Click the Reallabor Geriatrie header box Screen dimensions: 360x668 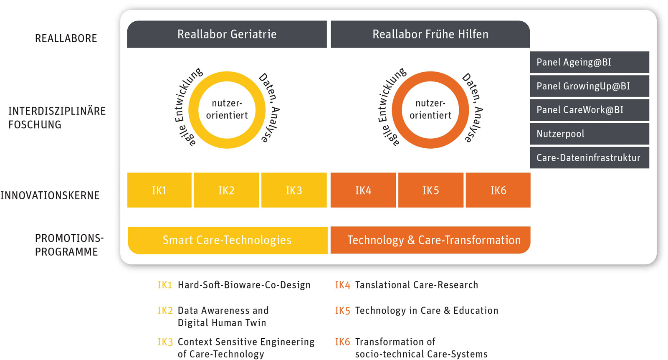(x=227, y=34)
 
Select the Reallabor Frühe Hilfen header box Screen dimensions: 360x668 (x=430, y=34)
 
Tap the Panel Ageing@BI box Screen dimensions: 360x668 (x=589, y=62)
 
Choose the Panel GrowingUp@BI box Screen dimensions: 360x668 (x=589, y=86)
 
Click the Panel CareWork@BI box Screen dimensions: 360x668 (x=589, y=110)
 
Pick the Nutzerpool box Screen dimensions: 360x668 (x=589, y=134)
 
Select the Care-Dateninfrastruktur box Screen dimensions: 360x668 (x=589, y=157)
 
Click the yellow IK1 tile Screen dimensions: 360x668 (x=159, y=190)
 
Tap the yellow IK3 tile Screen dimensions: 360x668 (x=294, y=190)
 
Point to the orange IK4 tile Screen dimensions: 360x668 (x=363, y=190)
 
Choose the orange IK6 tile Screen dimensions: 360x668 (x=498, y=190)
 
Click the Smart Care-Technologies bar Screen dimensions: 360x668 (x=227, y=240)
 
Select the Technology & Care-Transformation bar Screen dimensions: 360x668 (x=430, y=240)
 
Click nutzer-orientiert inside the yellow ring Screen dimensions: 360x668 (x=227, y=109)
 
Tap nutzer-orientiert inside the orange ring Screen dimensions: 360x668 (x=430, y=109)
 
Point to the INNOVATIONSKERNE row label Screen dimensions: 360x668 (x=50, y=195)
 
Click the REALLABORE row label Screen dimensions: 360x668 (x=66, y=38)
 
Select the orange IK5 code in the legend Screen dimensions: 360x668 (x=342, y=311)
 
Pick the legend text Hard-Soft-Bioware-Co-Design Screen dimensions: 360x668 (x=244, y=285)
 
